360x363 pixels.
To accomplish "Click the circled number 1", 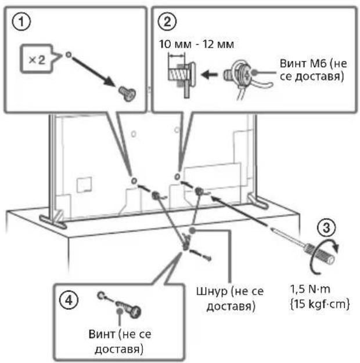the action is [x=21, y=22].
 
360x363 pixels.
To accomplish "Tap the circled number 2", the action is [x=167, y=22].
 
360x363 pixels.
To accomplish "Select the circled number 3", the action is [x=326, y=227].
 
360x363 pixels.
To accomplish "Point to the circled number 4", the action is [x=69, y=300].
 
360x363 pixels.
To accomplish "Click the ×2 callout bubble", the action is [x=37, y=60].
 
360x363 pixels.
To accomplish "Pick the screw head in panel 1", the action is [x=127, y=93].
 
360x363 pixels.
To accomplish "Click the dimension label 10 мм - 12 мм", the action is [x=196, y=44].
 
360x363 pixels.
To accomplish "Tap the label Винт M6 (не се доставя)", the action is [x=313, y=70].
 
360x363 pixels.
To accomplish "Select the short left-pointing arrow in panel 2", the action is [x=209, y=75].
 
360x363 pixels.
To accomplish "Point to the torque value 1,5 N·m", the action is [x=310, y=289].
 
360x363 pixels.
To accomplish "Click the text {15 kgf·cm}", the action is [x=320, y=304].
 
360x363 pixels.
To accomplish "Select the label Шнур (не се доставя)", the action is [x=230, y=299].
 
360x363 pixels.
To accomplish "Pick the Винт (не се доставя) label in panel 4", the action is [x=120, y=342].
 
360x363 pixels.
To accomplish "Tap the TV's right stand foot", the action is [x=258, y=201].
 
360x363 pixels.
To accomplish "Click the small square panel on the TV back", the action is [x=84, y=185].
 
